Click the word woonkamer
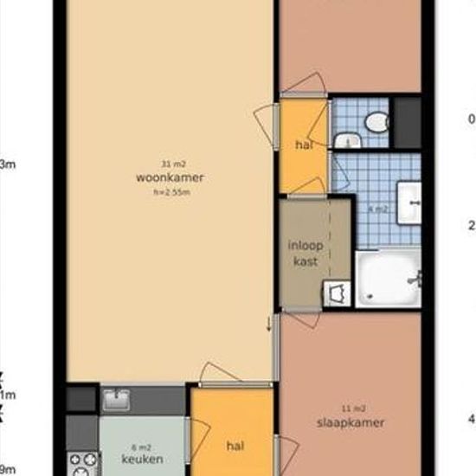(170, 178)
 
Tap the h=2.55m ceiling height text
(170, 192)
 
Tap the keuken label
(143, 459)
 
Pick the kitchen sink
(115, 399)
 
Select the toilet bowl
(376, 123)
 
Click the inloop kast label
(305, 252)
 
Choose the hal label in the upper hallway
(304, 146)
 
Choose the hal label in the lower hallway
(234, 446)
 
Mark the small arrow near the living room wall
(269, 324)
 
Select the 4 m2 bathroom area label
(377, 209)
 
